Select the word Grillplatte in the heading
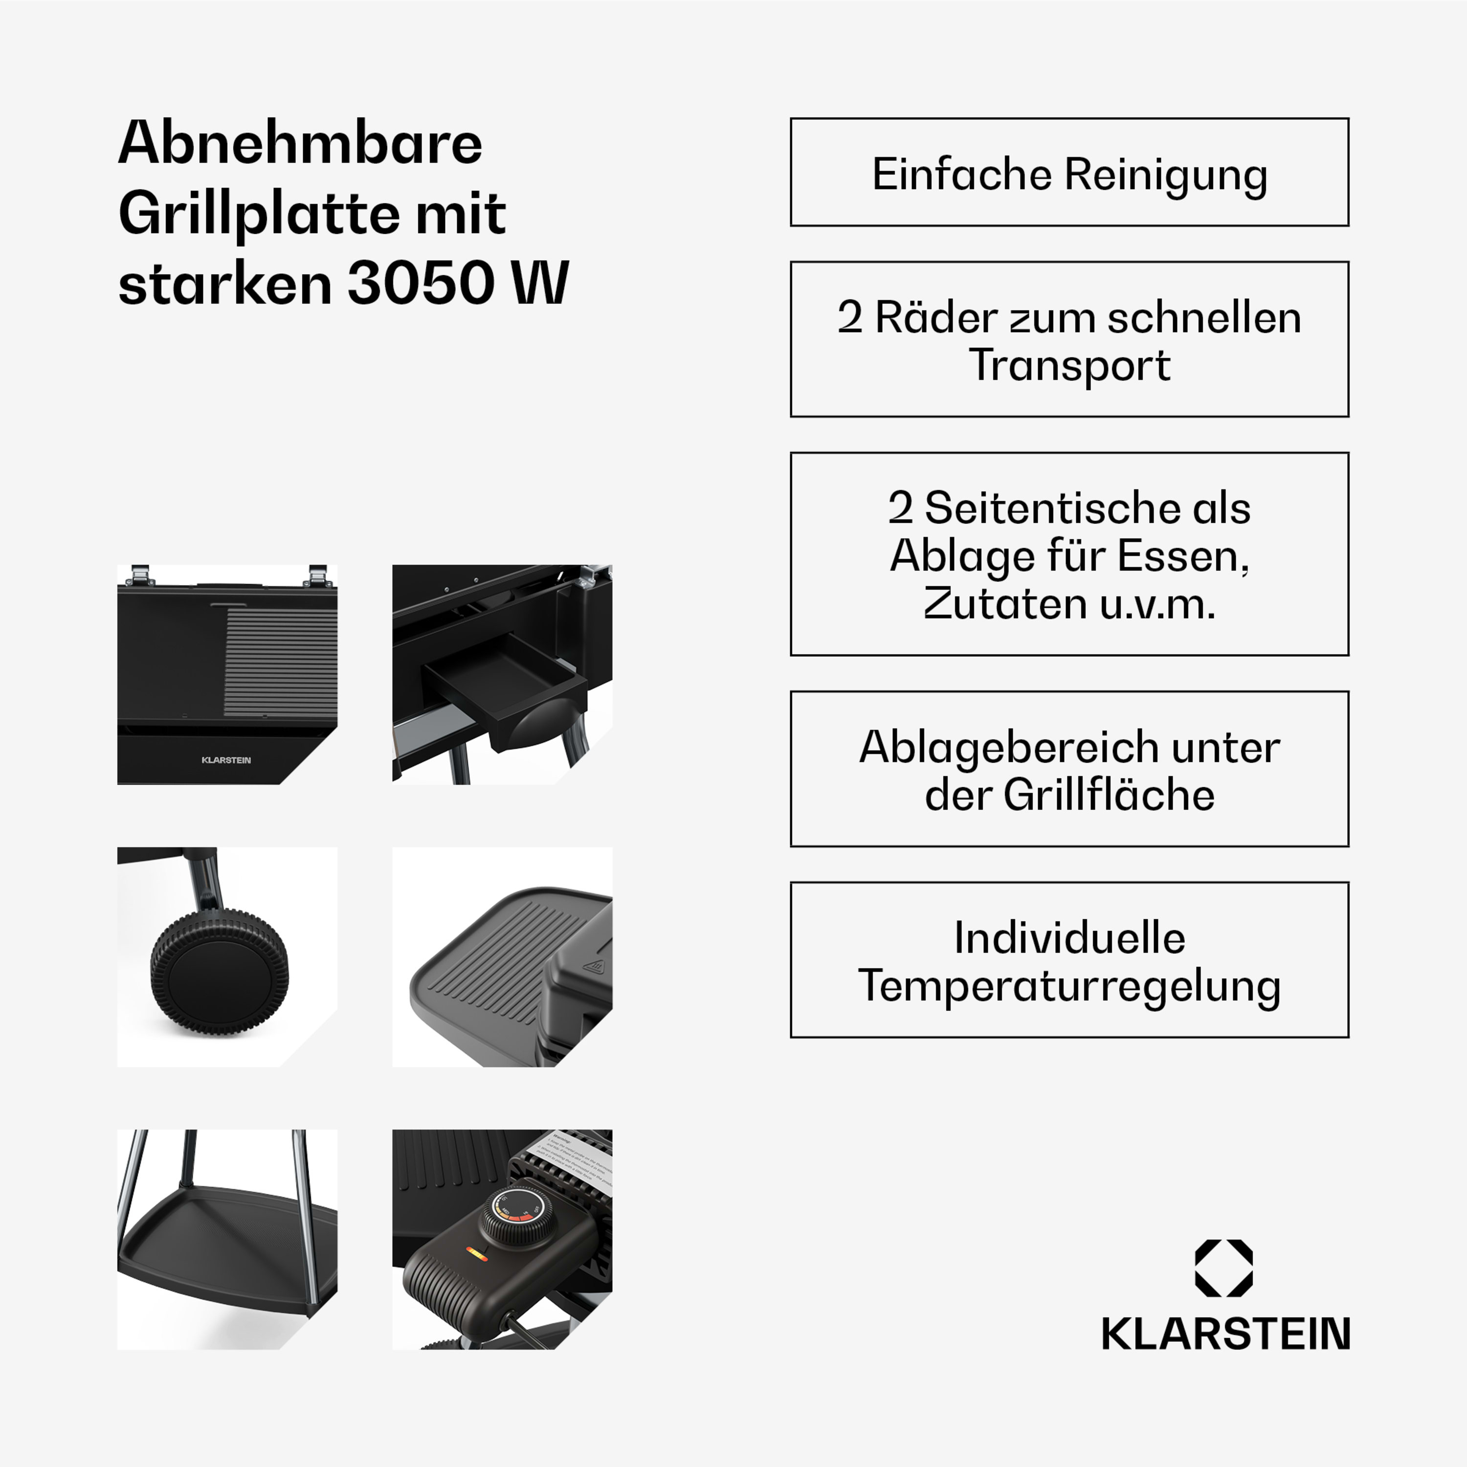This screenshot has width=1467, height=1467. point(258,214)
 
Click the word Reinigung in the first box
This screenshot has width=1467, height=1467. point(1166,175)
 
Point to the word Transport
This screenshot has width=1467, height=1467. point(1069,365)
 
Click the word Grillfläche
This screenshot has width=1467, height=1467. point(1109,795)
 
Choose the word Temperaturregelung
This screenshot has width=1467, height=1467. point(1069,986)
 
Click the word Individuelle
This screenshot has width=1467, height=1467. point(1069,938)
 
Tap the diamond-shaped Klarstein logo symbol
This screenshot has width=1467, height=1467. point(1223,1268)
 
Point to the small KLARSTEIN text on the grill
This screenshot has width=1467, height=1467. point(226,760)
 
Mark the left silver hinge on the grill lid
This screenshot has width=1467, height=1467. point(140,574)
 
